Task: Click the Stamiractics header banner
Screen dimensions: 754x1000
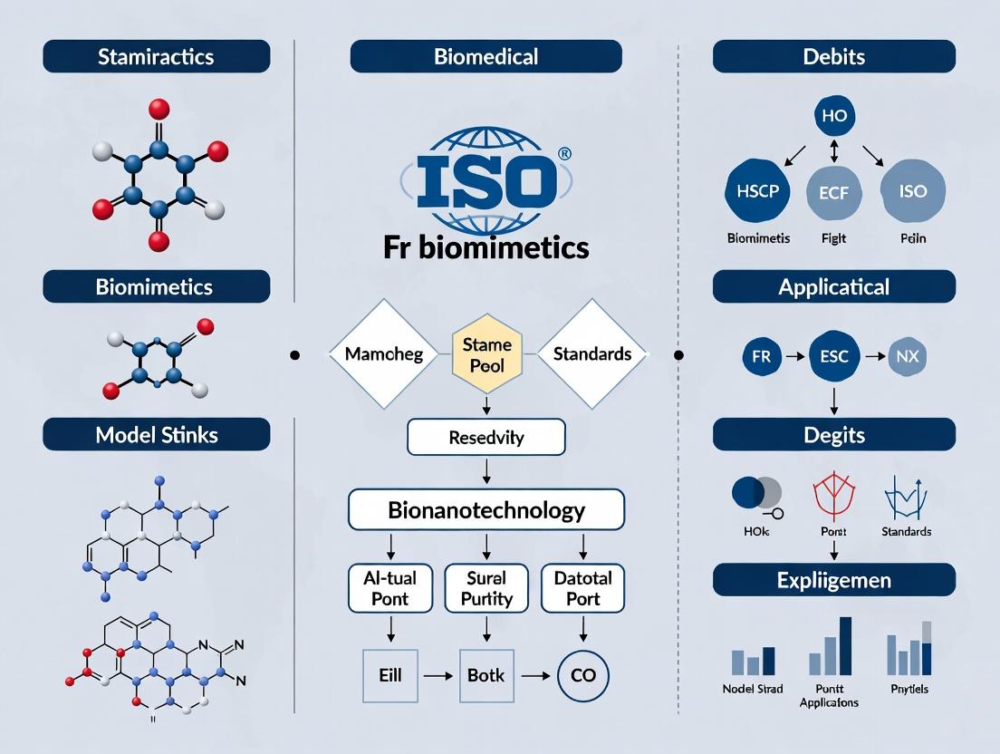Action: tap(157, 56)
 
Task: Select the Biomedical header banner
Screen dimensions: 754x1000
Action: tap(486, 56)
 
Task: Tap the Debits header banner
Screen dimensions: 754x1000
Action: tap(833, 56)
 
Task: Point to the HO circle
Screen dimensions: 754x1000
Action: tap(834, 117)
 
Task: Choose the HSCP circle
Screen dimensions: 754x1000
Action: tap(757, 192)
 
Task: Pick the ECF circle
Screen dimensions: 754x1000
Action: tap(834, 192)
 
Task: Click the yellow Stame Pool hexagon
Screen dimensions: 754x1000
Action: tap(486, 355)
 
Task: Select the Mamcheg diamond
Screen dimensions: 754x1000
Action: tap(384, 354)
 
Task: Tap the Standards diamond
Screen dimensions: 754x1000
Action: tap(591, 354)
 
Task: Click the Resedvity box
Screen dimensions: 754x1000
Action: tap(486, 438)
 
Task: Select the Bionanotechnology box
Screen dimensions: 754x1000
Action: tap(486, 509)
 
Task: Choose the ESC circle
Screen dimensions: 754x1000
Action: tap(833, 356)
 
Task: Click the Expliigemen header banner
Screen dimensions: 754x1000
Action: tap(833, 579)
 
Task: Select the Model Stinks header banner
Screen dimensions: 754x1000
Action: tap(157, 434)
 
